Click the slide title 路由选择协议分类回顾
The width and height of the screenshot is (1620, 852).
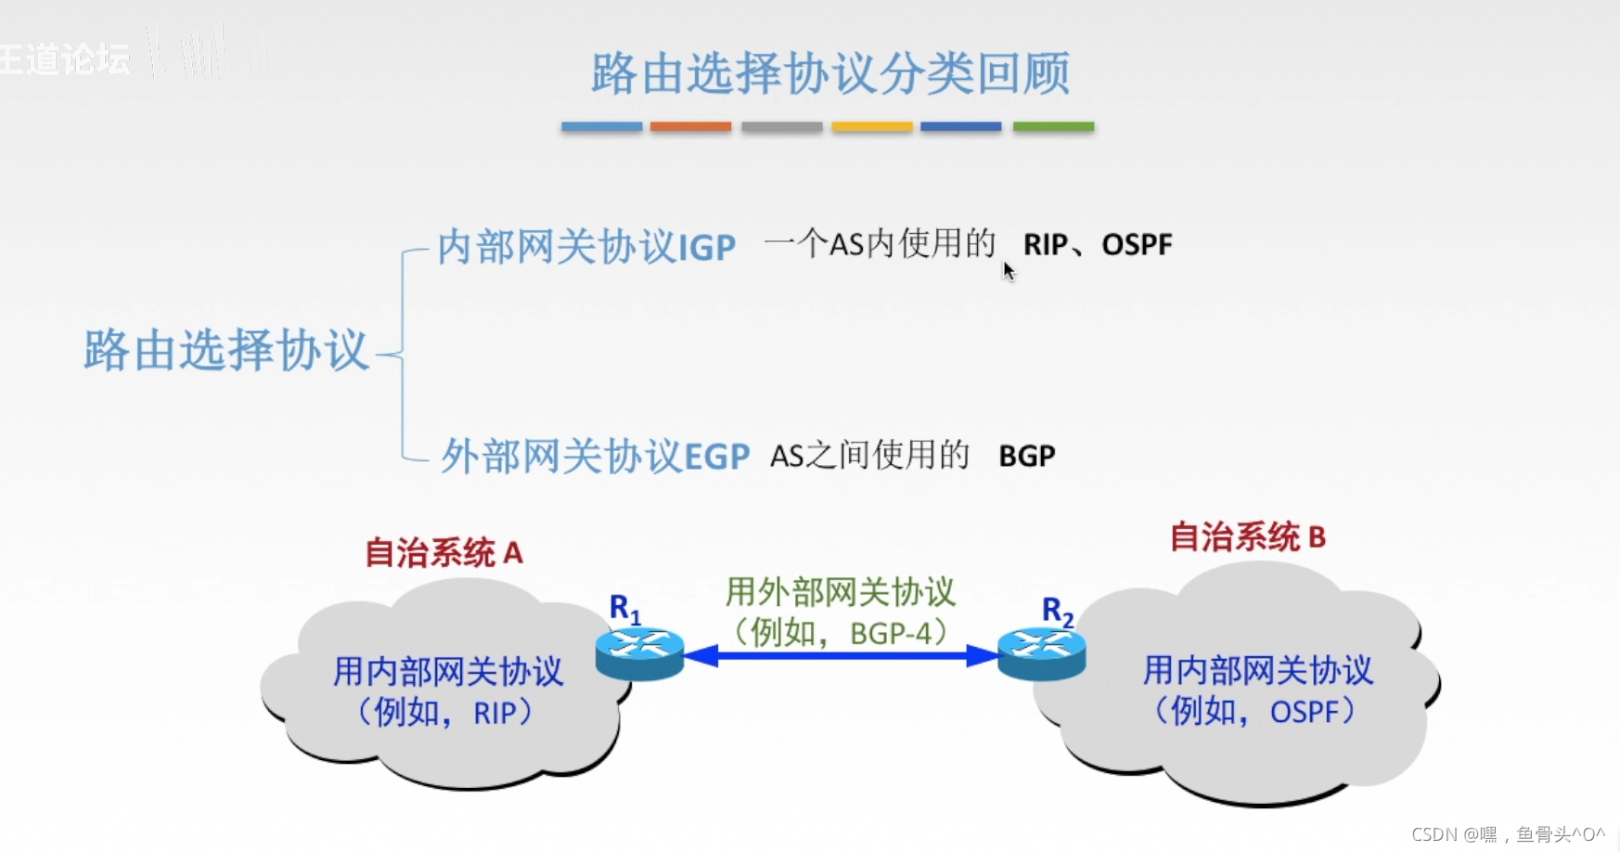click(x=830, y=73)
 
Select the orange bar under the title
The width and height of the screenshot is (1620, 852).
click(x=690, y=126)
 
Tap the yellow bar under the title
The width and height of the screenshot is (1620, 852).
click(x=872, y=126)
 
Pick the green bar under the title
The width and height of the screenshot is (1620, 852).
click(x=1053, y=126)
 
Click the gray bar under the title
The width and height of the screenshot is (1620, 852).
click(x=781, y=126)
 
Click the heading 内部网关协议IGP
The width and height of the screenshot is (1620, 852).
click(x=585, y=247)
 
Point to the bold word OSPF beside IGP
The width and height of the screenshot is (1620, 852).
click(x=1137, y=245)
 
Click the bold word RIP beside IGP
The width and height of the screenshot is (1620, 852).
click(x=1045, y=245)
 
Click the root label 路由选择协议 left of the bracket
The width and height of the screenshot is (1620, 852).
click(x=226, y=351)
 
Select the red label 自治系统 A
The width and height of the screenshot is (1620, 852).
click(x=444, y=553)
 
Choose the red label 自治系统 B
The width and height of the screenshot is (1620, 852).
click(x=1247, y=537)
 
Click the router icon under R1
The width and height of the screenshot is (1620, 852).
click(x=639, y=653)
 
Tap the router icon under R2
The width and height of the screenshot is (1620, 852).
click(x=1041, y=653)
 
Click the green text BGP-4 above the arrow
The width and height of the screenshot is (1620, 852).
click(x=890, y=633)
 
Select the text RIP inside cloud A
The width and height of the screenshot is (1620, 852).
click(x=495, y=713)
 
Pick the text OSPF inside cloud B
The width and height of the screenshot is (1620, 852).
click(x=1305, y=712)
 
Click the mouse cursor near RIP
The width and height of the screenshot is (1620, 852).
click(x=1009, y=270)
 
